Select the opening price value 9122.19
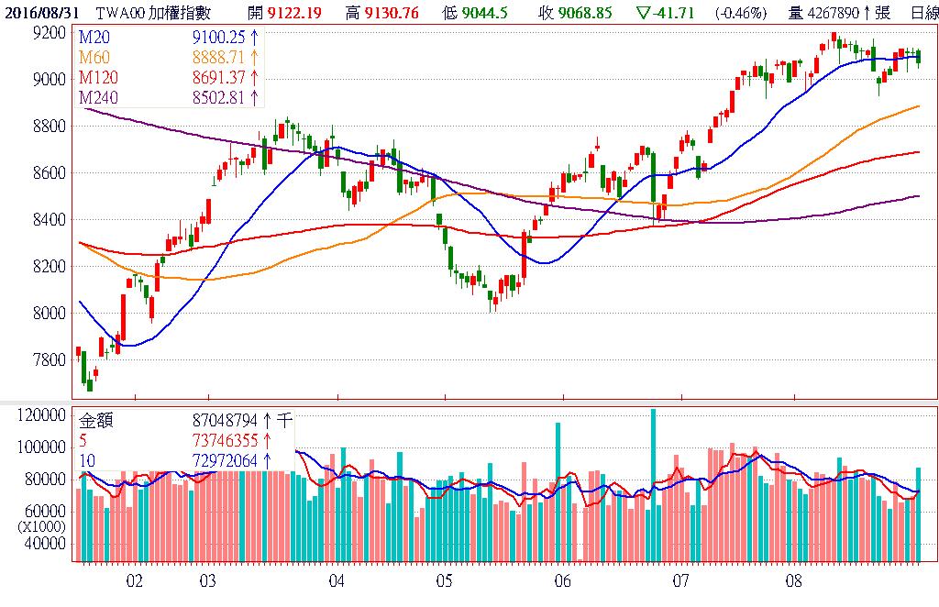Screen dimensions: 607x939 tap(300, 12)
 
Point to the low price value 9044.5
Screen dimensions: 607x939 tap(484, 12)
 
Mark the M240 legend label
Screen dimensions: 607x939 tap(97, 97)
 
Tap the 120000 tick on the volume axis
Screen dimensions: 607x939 tap(40, 415)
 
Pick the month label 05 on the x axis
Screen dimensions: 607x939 tap(445, 581)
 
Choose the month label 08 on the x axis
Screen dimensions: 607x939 tap(794, 581)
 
